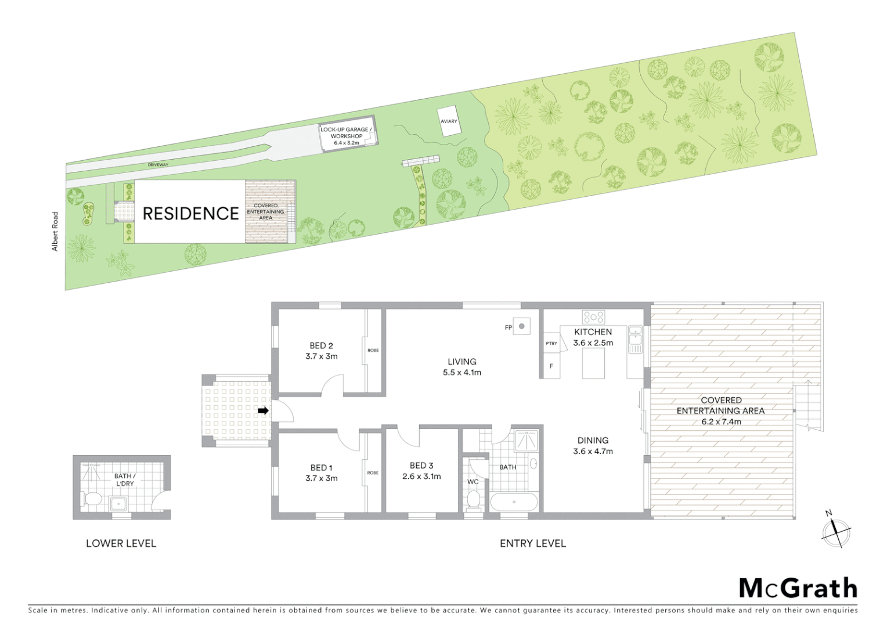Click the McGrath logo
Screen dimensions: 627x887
tap(798, 588)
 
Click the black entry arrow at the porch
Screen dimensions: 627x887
tap(263, 411)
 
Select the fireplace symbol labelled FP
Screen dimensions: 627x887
tap(522, 327)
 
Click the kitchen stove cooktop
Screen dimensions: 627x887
tap(593, 317)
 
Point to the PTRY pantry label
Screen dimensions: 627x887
tap(551, 344)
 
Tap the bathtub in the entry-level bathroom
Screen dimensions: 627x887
tap(514, 502)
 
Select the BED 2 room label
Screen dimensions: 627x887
tap(321, 346)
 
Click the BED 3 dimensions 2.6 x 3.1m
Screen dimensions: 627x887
tap(421, 477)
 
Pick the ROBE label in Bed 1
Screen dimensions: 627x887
tap(373, 473)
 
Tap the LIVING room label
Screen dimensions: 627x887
tap(461, 362)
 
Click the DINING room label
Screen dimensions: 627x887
tap(593, 441)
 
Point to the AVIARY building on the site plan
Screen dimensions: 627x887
tap(449, 121)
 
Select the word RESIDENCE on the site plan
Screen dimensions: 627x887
tap(190, 214)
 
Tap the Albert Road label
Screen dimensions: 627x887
tap(56, 231)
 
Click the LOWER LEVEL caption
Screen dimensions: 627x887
tap(121, 543)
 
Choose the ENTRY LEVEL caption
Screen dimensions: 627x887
tap(532, 543)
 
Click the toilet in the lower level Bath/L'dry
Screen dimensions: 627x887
tap(92, 499)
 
